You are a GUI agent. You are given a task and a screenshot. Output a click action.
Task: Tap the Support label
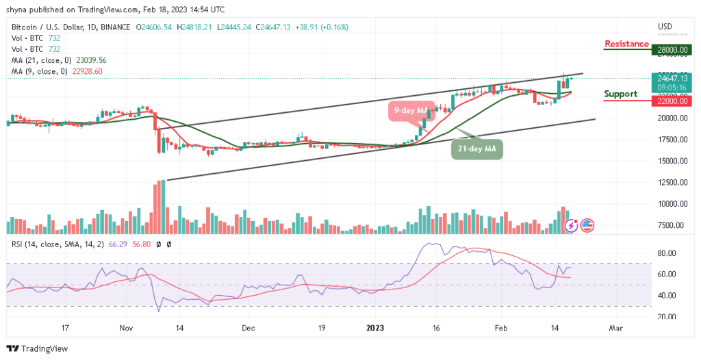[621, 94]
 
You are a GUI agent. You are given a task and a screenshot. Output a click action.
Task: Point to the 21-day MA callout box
[477, 149]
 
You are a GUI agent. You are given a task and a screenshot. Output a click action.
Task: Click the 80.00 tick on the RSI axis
[667, 253]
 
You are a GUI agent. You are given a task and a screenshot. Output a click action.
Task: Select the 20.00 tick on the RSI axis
[667, 316]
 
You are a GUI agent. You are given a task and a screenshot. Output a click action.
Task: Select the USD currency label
[665, 27]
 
